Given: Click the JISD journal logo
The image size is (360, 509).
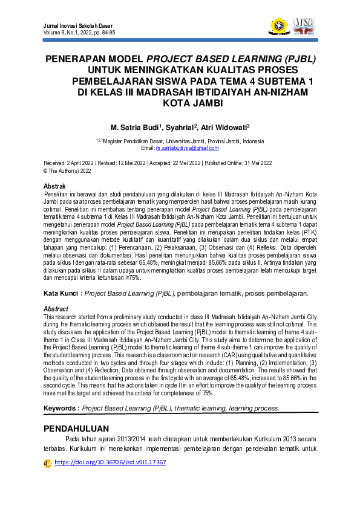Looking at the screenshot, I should coord(303,26).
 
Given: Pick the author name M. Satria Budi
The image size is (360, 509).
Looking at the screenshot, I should coord(135,128).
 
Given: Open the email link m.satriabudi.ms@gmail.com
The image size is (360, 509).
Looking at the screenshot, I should coord(187,148).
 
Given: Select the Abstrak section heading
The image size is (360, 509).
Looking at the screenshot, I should coord(57,186).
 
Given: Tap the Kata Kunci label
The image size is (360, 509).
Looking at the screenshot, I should coord(62,293).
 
